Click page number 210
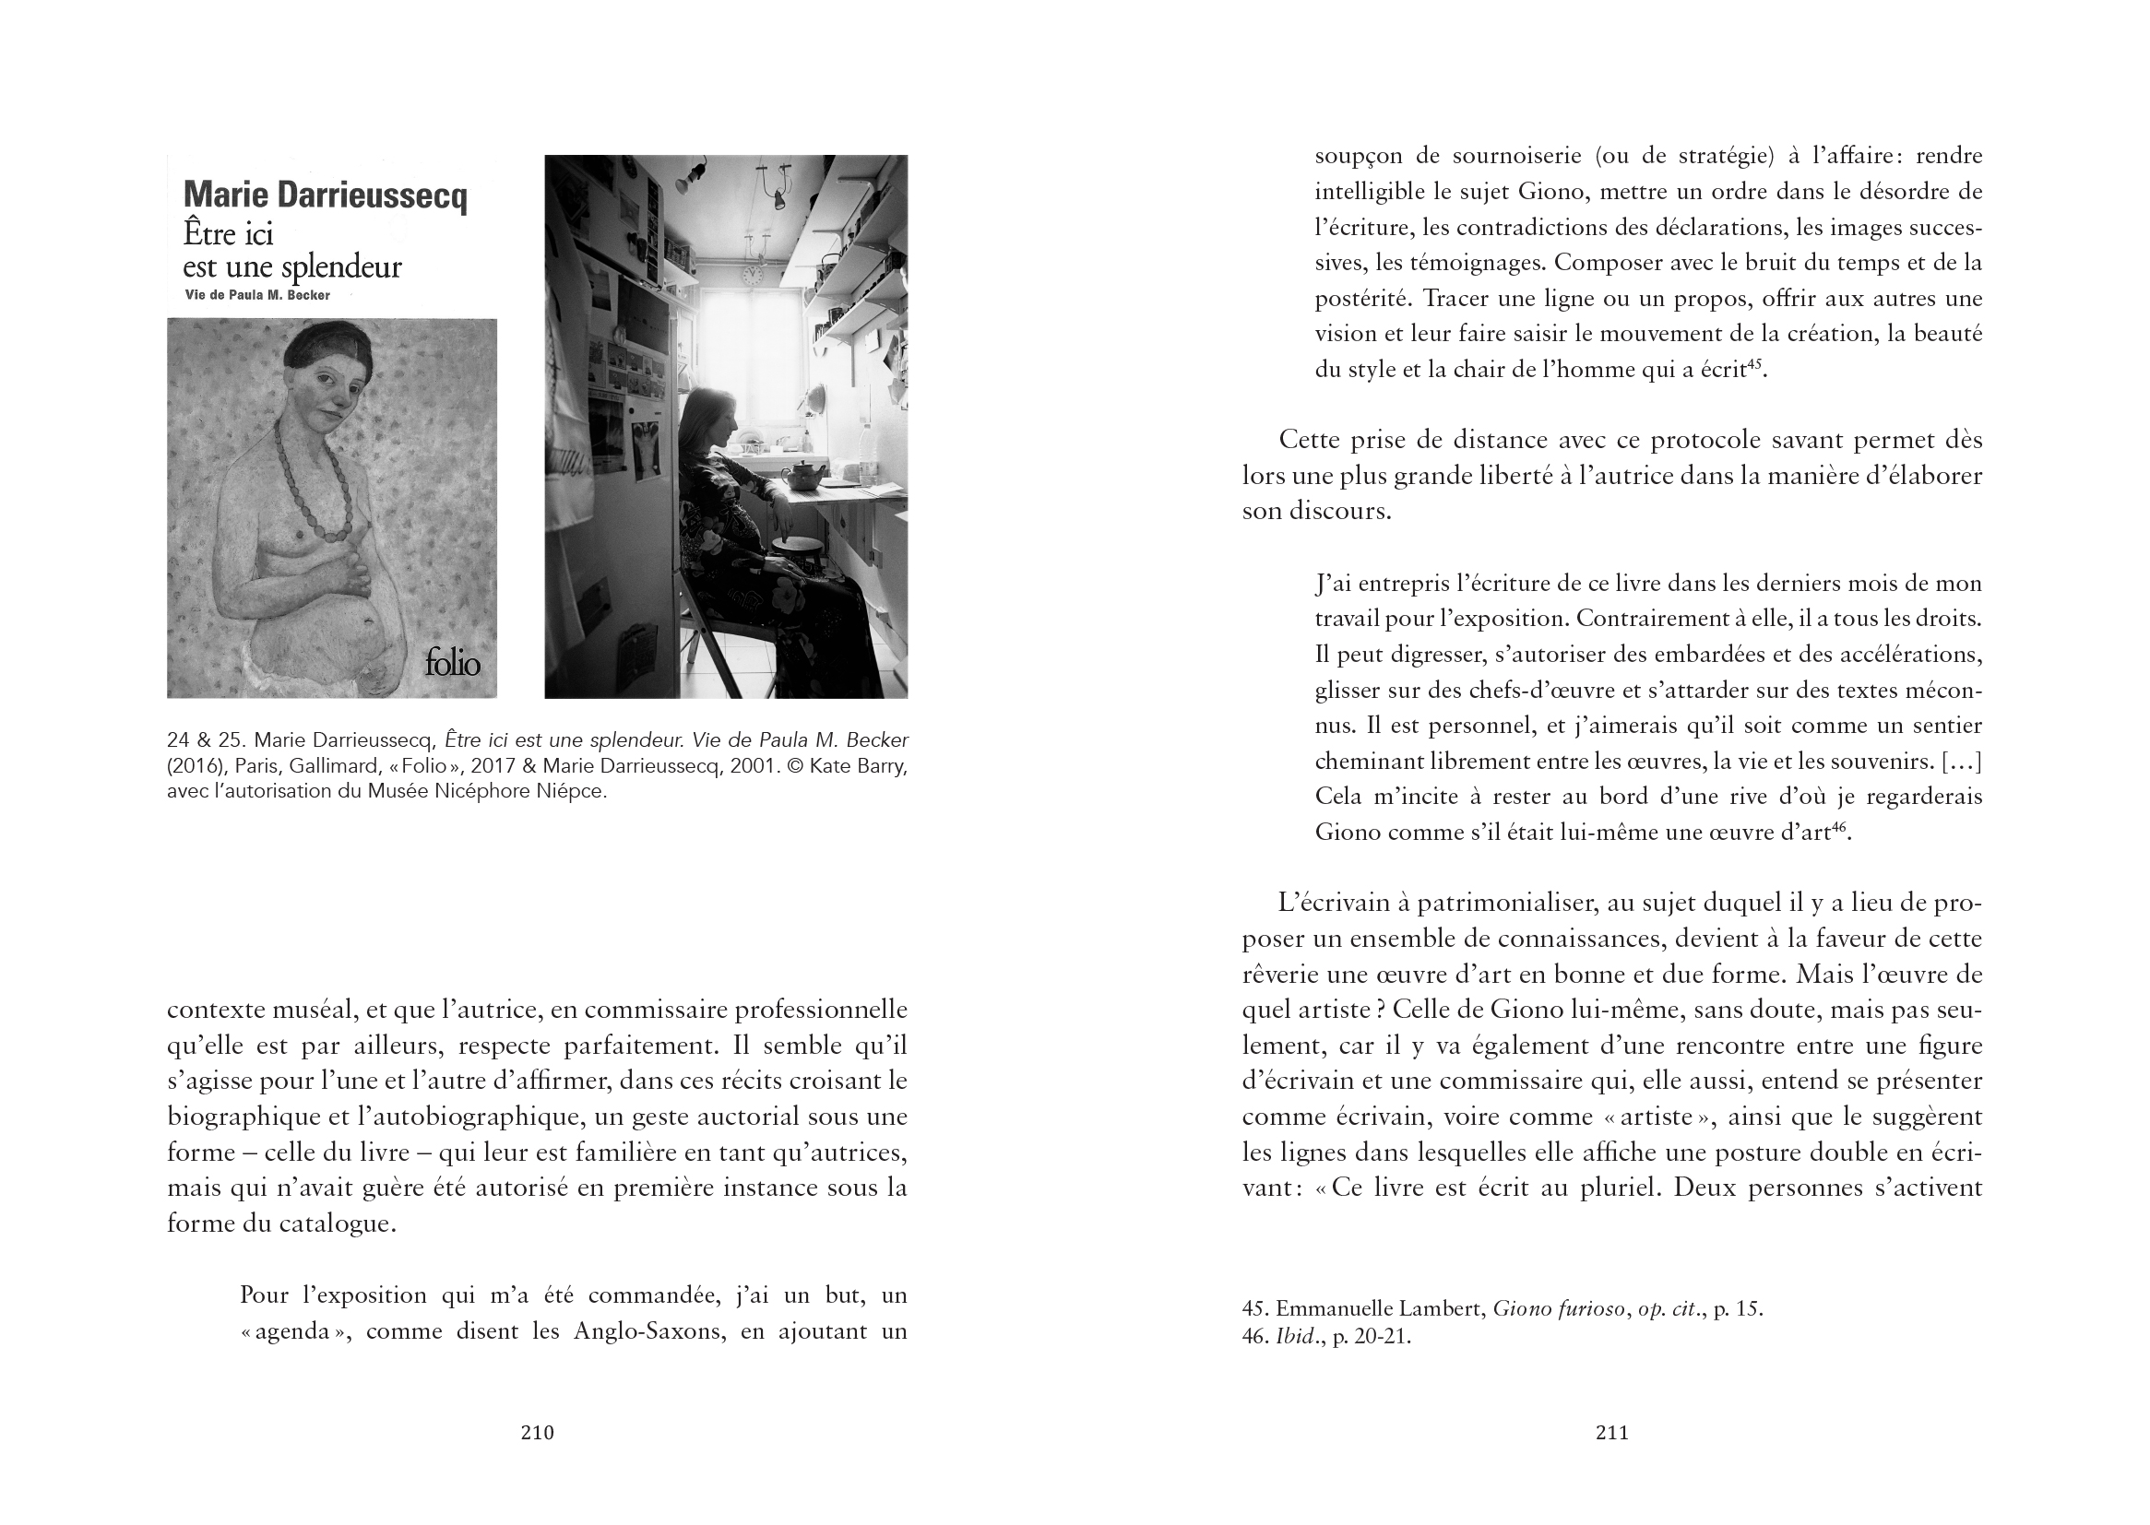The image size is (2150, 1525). click(537, 1433)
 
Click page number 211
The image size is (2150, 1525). click(1611, 1433)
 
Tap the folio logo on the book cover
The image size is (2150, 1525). click(452, 663)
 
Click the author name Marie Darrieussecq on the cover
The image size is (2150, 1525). click(325, 195)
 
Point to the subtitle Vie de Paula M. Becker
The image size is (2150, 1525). click(257, 295)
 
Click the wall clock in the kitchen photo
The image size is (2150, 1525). click(751, 274)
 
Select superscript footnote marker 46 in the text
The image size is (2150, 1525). click(1839, 824)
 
